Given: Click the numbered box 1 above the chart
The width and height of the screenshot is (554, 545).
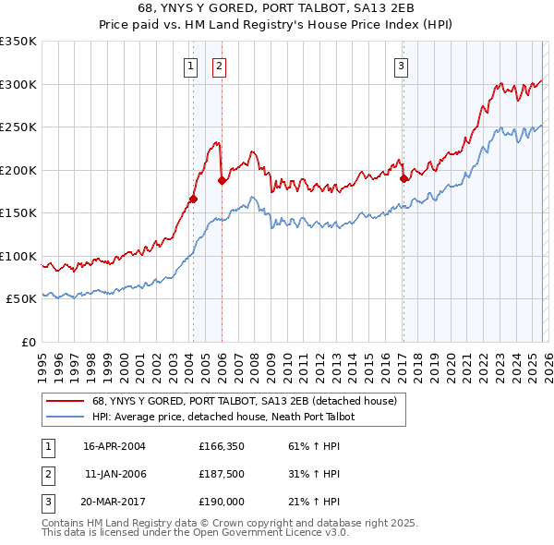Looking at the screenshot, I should pyautogui.click(x=189, y=66).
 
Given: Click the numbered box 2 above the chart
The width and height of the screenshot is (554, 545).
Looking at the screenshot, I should pyautogui.click(x=219, y=66).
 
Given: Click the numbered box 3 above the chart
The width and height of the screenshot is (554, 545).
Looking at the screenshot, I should pyautogui.click(x=402, y=66).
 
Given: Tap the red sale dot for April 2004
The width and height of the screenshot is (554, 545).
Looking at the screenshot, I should pyautogui.click(x=193, y=199).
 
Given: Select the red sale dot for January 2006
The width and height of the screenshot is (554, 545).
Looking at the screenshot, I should pyautogui.click(x=222, y=180).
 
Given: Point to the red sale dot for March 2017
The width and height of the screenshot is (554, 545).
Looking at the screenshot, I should pyautogui.click(x=403, y=178).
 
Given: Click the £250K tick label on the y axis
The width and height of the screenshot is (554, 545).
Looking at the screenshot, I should pyautogui.click(x=18, y=127).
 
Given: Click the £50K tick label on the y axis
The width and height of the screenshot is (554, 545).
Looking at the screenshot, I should pyautogui.click(x=21, y=299).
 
